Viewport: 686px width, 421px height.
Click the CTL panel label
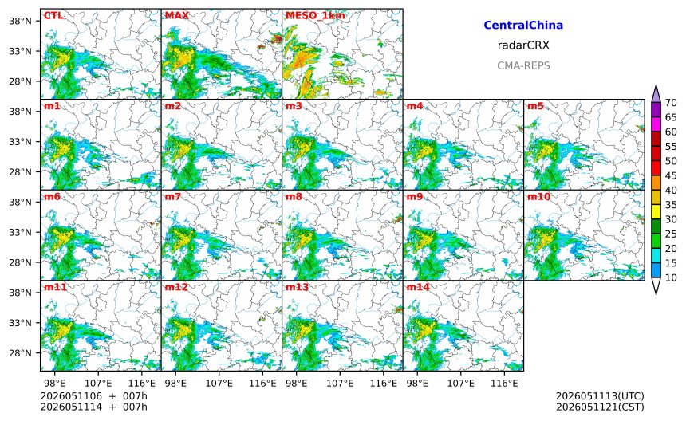point(53,16)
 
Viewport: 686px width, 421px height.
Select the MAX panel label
point(177,16)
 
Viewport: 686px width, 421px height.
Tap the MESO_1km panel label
point(315,16)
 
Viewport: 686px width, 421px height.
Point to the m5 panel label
point(535,106)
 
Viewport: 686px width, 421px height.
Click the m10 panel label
point(538,197)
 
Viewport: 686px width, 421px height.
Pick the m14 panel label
point(418,287)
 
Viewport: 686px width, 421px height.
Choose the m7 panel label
point(173,197)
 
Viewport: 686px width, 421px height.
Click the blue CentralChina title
point(523,25)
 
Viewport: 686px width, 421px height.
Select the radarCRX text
point(523,45)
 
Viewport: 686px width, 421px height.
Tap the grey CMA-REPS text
point(523,65)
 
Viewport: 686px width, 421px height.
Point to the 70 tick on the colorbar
point(671,103)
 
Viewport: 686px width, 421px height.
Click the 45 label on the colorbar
point(671,175)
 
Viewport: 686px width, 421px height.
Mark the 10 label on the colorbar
point(671,277)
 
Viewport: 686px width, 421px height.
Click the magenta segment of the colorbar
point(656,124)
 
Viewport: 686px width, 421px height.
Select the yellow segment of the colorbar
point(656,212)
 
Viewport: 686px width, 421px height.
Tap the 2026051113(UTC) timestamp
point(600,396)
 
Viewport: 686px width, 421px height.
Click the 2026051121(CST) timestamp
point(600,407)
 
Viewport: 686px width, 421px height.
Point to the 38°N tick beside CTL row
point(20,21)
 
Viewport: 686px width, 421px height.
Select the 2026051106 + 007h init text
point(93,396)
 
